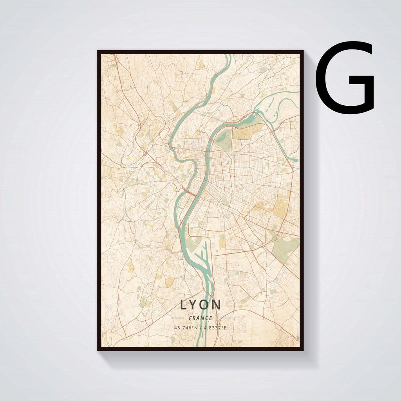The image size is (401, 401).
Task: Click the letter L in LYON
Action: click(x=184, y=304)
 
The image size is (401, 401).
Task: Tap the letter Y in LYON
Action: click(x=195, y=304)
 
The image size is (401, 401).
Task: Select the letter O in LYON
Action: click(x=206, y=304)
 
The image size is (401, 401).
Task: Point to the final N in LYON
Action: click(x=217, y=304)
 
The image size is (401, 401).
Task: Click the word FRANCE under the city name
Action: click(x=200, y=318)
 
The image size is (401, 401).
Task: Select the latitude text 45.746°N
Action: click(x=186, y=328)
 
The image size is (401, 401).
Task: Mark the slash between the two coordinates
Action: click(x=200, y=328)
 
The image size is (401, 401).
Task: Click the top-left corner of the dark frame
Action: click(x=98, y=51)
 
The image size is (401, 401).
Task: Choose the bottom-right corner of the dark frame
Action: click(x=303, y=349)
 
